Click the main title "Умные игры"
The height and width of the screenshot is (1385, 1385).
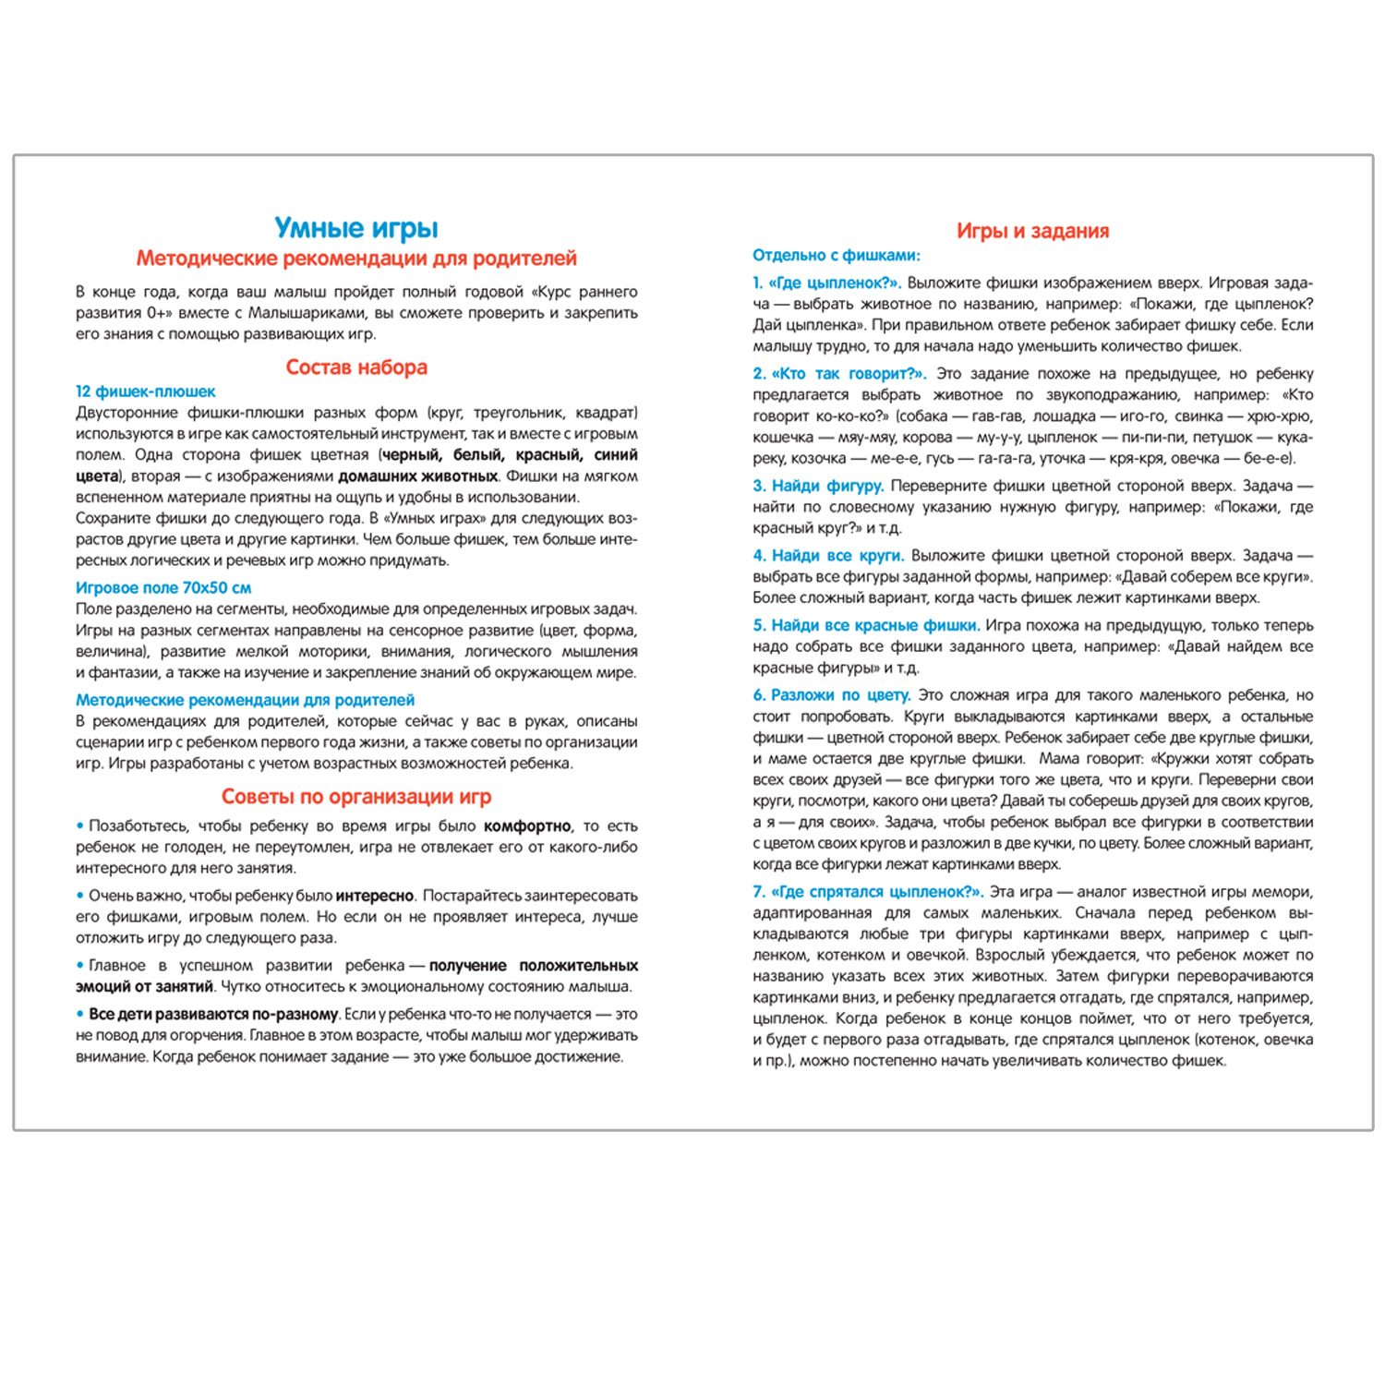(x=356, y=227)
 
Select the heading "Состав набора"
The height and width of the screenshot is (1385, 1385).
(x=356, y=367)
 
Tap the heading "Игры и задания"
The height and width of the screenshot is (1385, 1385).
(x=1032, y=231)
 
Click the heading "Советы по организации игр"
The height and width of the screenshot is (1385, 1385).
(x=356, y=796)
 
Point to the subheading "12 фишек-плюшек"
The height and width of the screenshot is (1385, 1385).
(x=146, y=391)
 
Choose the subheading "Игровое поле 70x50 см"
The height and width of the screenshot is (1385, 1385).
(x=163, y=587)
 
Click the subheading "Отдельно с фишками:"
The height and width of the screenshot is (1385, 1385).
(x=836, y=255)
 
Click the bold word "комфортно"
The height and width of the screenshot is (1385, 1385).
(x=527, y=825)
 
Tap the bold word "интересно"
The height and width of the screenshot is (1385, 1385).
(x=374, y=895)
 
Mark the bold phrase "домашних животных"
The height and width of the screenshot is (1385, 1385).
(x=418, y=476)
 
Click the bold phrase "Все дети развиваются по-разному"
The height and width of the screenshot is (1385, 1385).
(x=213, y=1014)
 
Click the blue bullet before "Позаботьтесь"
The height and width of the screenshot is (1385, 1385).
(x=80, y=825)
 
